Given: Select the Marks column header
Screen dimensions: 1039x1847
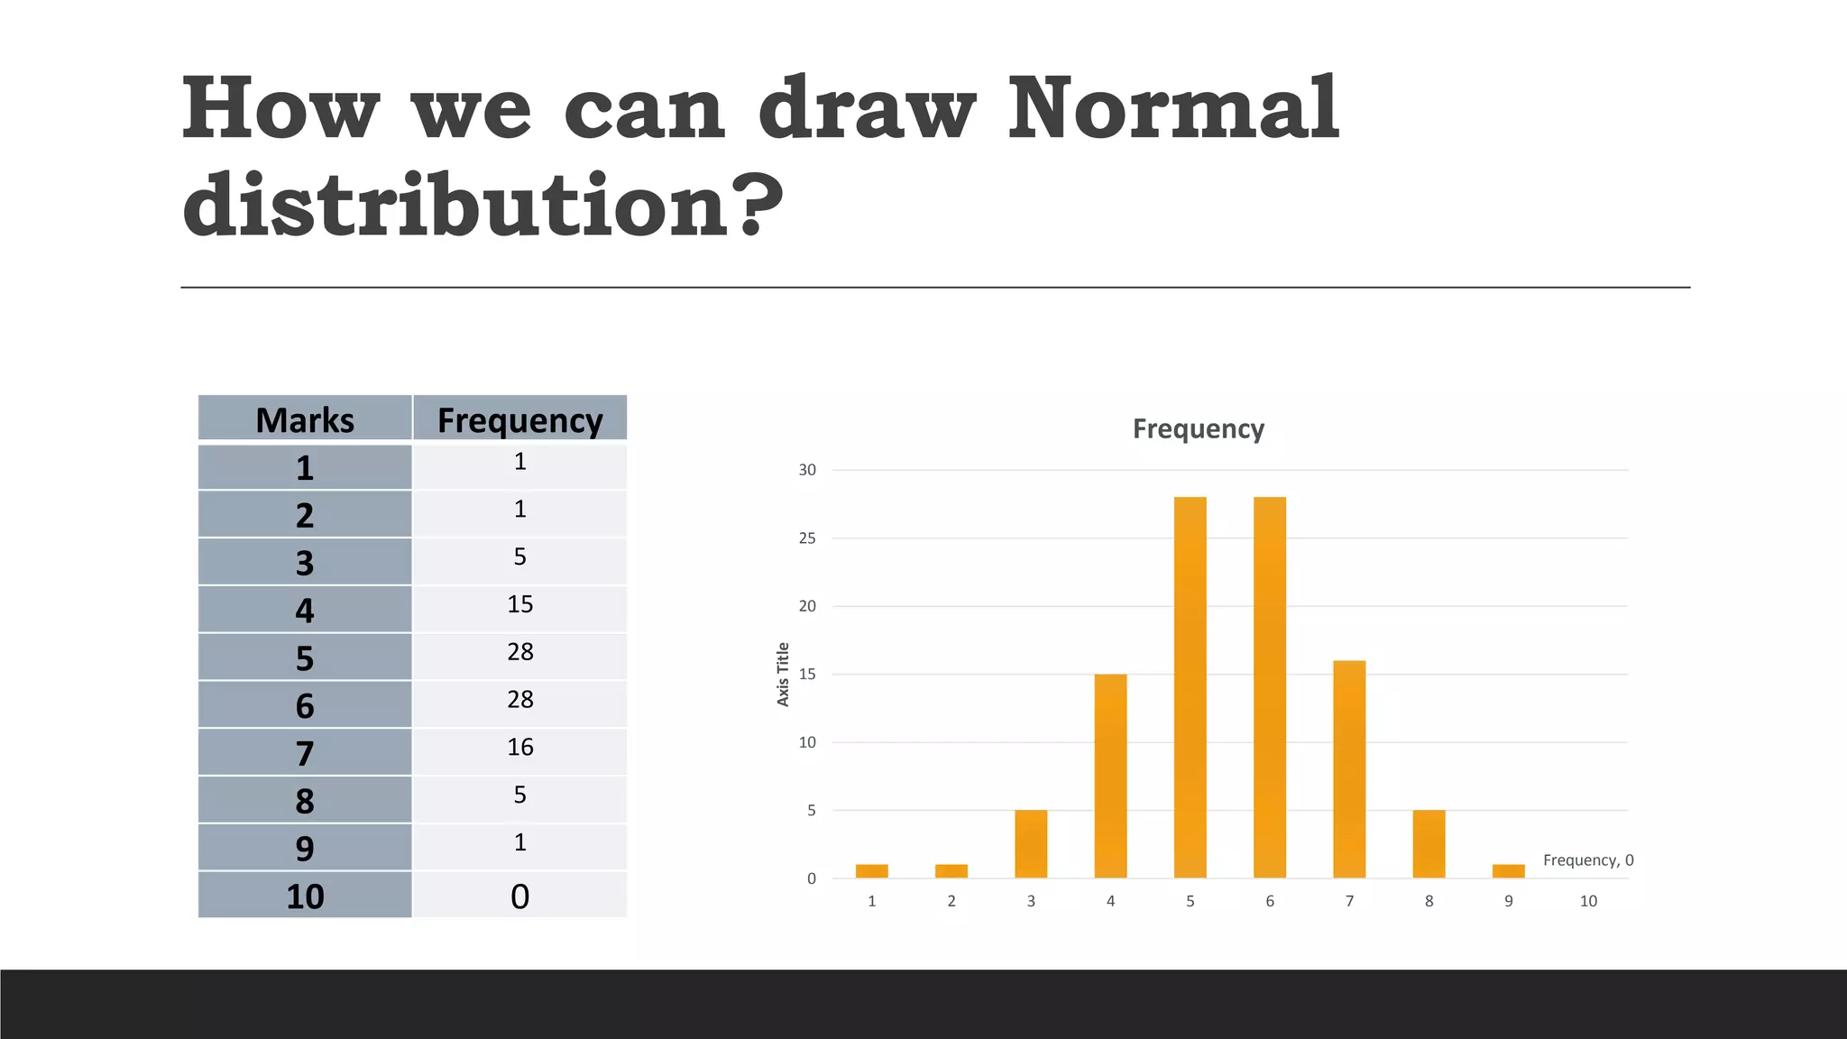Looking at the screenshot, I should [305, 420].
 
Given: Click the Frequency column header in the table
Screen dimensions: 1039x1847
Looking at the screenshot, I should [519, 420].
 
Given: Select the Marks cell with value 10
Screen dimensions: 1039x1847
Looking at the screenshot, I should [305, 896].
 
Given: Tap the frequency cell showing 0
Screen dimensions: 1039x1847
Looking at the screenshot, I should [519, 896].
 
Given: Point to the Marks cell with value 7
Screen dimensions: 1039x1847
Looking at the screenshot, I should [305, 753].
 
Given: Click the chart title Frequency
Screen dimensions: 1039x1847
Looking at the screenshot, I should [1198, 428].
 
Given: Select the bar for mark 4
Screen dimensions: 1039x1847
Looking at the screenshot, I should [1110, 776].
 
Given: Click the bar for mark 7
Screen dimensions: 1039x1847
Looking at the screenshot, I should [1349, 769].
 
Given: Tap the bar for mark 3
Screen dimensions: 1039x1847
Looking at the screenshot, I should [1031, 844].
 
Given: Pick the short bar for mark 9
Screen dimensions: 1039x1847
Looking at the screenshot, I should [1509, 871].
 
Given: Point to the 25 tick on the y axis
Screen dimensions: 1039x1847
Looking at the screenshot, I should [807, 538].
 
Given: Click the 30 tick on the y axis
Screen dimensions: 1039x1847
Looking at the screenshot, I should [807, 470].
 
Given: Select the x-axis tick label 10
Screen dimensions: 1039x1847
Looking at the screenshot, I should [1588, 901].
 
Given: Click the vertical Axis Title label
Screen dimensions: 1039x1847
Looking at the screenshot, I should [783, 674].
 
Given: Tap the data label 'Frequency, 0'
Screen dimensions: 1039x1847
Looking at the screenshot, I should [1588, 860].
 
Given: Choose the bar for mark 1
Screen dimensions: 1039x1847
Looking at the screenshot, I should [872, 871].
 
